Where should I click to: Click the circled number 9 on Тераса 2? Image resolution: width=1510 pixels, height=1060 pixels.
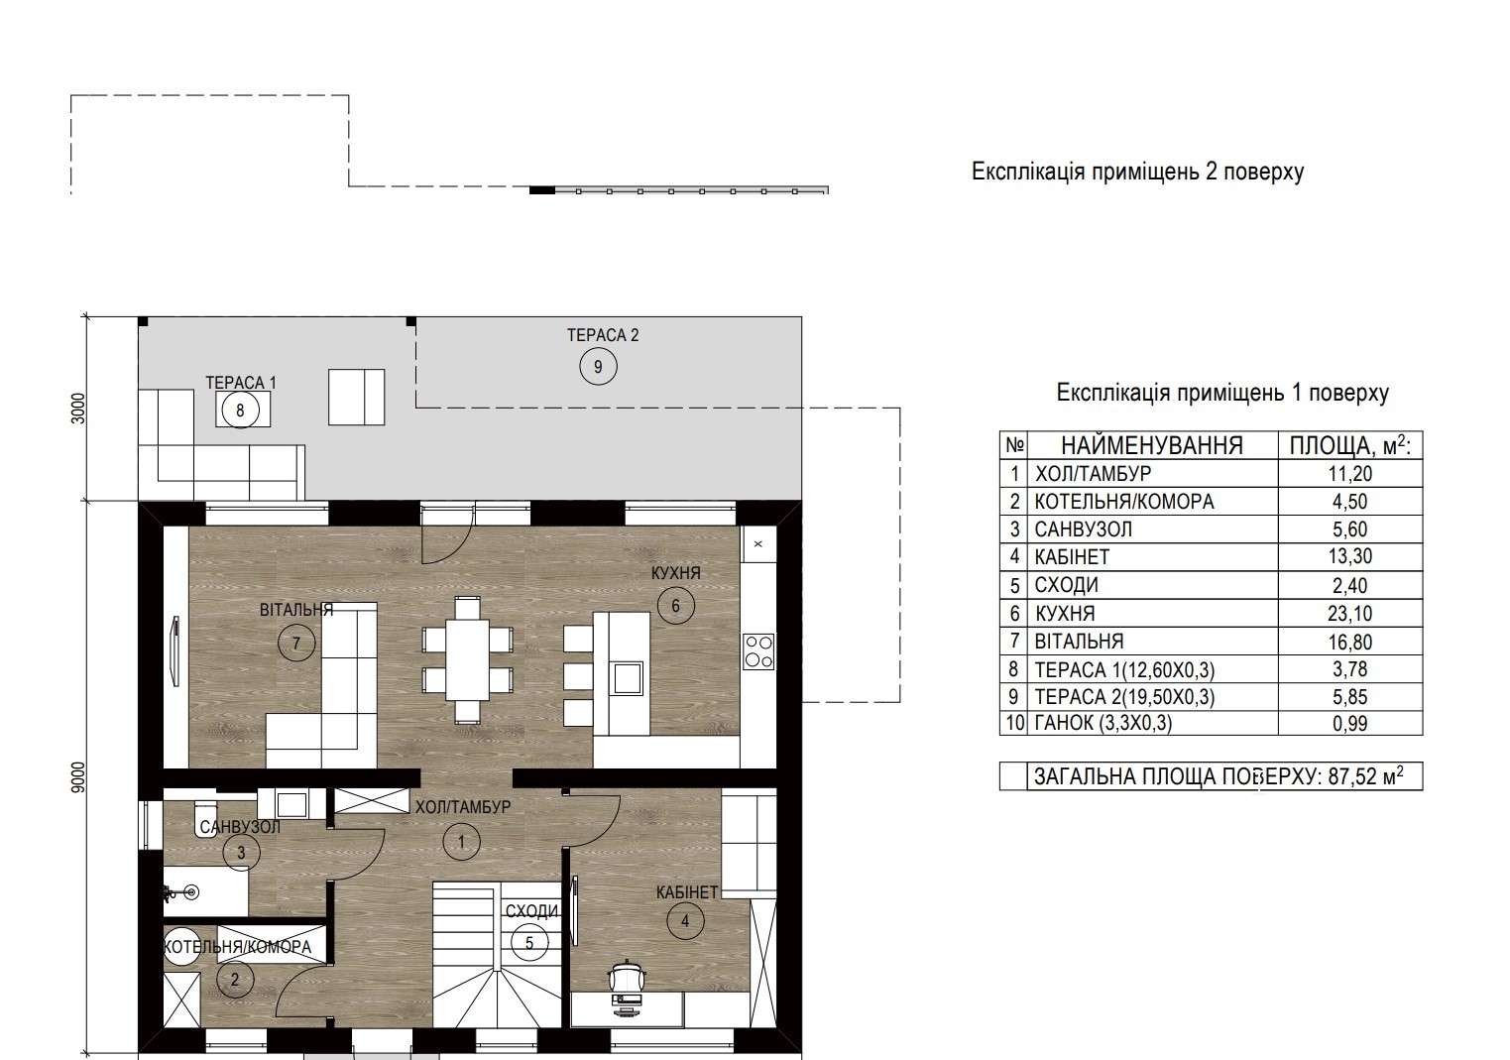(598, 367)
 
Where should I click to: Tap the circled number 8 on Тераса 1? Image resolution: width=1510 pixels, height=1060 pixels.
(240, 410)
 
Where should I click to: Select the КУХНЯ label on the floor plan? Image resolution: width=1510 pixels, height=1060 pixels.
(675, 573)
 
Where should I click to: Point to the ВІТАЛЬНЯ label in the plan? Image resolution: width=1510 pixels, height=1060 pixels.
(296, 610)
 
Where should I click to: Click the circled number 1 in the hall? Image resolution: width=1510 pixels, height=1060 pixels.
(461, 842)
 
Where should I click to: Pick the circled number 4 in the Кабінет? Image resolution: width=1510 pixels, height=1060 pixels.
(685, 921)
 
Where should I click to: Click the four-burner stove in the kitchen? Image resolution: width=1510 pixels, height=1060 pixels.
(758, 651)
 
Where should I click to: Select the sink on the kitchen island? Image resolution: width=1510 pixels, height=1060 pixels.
(627, 677)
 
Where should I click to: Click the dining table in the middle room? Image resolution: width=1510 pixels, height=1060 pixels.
(466, 659)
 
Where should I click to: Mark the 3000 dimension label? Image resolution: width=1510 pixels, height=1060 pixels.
(79, 409)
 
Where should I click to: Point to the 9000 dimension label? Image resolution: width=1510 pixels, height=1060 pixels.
(79, 777)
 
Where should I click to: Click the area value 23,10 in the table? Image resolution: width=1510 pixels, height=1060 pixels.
(1350, 614)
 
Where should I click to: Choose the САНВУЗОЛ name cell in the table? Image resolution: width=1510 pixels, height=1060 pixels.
(1084, 530)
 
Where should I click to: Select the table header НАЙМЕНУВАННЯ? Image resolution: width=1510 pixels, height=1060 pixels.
(1152, 445)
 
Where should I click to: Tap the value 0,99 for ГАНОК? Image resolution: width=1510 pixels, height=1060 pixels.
(1350, 724)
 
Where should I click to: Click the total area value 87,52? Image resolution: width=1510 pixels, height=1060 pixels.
(1361, 776)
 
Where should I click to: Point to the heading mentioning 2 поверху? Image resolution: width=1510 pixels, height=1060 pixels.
(1137, 172)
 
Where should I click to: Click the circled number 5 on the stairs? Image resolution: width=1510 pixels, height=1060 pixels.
(529, 943)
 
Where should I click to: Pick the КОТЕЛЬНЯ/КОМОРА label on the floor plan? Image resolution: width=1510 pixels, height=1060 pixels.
(237, 947)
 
